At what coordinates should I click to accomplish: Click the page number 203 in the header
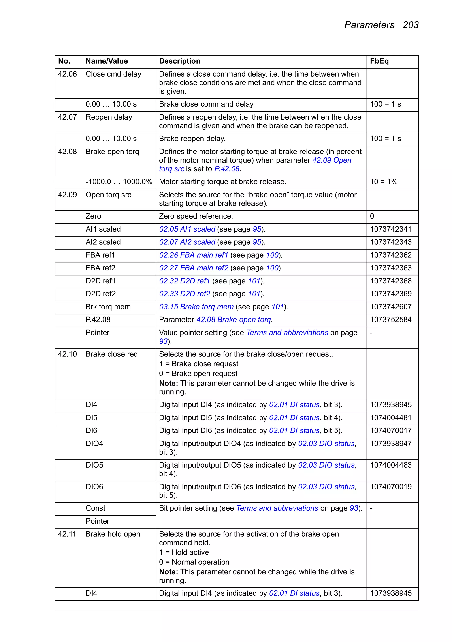click(x=410, y=25)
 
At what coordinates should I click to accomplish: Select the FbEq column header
click(x=379, y=61)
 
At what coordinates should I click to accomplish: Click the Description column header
click(x=179, y=61)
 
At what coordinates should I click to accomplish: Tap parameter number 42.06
click(x=67, y=74)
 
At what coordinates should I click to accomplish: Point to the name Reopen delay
click(x=109, y=117)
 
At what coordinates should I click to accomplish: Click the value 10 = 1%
click(x=383, y=182)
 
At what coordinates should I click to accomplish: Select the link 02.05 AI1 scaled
click(x=187, y=229)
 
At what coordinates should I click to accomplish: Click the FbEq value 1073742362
click(x=390, y=255)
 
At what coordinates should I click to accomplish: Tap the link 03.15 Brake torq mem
click(x=196, y=307)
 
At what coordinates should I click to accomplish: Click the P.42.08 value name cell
click(x=98, y=320)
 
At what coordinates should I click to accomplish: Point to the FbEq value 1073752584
click(x=390, y=320)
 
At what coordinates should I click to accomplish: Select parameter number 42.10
click(x=67, y=354)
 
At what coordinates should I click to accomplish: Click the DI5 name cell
click(x=91, y=418)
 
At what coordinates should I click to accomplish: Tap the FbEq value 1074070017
click(x=390, y=430)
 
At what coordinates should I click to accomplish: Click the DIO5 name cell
click(x=94, y=465)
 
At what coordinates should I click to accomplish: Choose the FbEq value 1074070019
click(x=390, y=487)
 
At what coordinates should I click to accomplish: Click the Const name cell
click(x=95, y=508)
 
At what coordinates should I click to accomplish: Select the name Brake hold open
click(x=113, y=534)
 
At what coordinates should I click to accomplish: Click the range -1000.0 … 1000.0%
click(x=119, y=182)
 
